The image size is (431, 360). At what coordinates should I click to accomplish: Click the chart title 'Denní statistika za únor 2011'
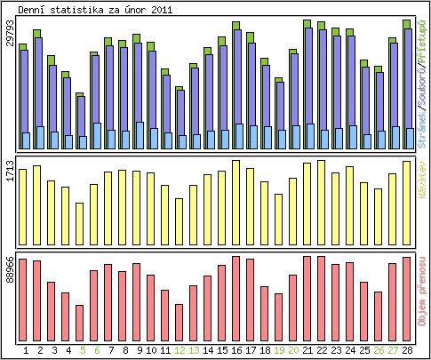coord(96,9)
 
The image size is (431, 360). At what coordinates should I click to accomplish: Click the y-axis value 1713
coord(10,171)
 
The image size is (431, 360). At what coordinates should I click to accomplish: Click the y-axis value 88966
coord(10,269)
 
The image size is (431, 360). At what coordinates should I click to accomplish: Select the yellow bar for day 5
coord(80,223)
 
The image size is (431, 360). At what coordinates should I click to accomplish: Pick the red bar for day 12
coord(179,321)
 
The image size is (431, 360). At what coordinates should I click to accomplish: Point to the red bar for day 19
coord(278,315)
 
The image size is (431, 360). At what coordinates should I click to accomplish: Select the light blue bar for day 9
coord(140,135)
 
